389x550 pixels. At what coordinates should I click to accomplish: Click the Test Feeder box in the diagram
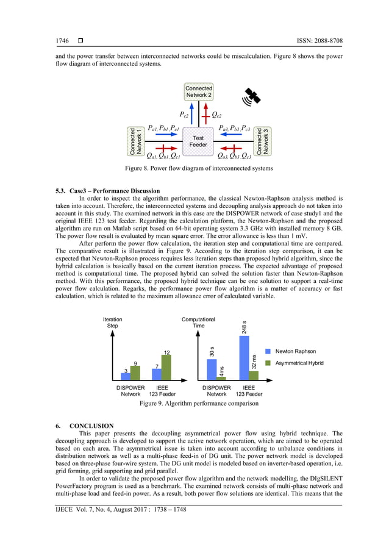[x=198, y=141]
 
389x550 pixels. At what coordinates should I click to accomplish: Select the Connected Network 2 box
[x=199, y=91]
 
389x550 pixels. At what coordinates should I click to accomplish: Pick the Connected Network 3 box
[x=262, y=141]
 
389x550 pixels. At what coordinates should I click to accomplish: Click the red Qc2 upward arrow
[x=206, y=114]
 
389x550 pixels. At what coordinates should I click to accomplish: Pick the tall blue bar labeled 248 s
[x=244, y=357]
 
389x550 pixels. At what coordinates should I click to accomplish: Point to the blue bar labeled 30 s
[x=212, y=369]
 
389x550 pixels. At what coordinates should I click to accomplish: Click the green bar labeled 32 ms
[x=254, y=375]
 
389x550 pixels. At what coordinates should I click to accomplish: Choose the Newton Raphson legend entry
[x=291, y=352]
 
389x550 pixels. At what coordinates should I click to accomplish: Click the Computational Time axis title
[x=198, y=323]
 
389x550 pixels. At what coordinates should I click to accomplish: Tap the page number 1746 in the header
[x=62, y=41]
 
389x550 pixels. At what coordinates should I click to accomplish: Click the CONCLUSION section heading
[x=91, y=426]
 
